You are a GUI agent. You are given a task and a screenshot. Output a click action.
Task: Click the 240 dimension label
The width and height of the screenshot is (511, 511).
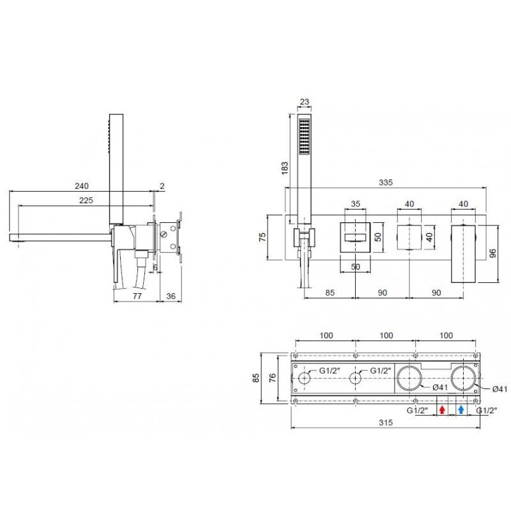[x=82, y=186]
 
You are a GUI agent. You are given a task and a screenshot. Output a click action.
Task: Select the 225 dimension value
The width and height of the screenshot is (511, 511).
[x=86, y=201]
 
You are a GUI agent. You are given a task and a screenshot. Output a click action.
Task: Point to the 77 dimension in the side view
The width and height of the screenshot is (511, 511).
[x=137, y=296]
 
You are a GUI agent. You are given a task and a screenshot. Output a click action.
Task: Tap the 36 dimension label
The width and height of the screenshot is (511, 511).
[x=171, y=296]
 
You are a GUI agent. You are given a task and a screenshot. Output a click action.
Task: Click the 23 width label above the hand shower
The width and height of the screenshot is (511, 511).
[x=305, y=102]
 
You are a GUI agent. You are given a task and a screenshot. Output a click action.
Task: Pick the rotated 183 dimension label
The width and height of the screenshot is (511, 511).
[x=285, y=168]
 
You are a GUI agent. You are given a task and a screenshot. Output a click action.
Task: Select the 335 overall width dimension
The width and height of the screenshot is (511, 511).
[x=386, y=183]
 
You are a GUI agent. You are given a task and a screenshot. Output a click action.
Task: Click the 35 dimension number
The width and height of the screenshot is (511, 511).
[x=355, y=204]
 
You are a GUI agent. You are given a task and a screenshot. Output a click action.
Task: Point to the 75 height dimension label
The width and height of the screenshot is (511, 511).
[x=263, y=237]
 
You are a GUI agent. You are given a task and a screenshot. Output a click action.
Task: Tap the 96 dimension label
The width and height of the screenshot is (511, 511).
[x=492, y=253]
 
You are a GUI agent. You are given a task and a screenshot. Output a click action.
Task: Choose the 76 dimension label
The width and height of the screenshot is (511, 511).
[x=273, y=378]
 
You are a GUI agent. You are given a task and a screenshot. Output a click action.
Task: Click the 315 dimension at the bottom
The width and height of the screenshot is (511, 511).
[x=386, y=423]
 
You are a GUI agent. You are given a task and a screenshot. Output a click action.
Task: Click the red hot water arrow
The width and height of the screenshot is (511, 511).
[x=442, y=409]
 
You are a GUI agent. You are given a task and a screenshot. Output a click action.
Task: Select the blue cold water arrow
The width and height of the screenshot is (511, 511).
[x=461, y=409]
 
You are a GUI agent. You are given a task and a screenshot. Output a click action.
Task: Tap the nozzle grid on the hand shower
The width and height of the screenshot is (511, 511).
[x=305, y=136]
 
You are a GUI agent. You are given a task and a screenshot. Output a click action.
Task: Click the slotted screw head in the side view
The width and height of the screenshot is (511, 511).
[x=164, y=234]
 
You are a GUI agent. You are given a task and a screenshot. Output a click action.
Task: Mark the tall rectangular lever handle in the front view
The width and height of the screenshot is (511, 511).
[x=463, y=254]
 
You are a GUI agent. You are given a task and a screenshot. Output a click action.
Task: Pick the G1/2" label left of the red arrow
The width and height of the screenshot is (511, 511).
[x=417, y=411]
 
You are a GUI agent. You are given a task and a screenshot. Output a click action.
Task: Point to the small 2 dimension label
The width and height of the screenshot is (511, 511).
[x=162, y=186]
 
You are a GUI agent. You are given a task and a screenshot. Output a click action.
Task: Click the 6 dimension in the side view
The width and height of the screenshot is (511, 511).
[x=155, y=267]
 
